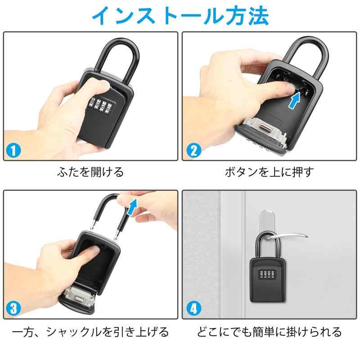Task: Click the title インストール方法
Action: [x=180, y=16]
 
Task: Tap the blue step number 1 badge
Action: [x=13, y=150]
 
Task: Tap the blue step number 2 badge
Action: [x=194, y=150]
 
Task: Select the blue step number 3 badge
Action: [x=13, y=308]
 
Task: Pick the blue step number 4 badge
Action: [x=194, y=308]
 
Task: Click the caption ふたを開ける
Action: [x=90, y=172]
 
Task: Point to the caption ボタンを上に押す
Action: [x=269, y=172]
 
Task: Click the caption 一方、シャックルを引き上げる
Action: [x=90, y=332]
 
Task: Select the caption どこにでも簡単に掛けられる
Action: [x=269, y=332]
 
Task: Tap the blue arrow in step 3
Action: [x=132, y=207]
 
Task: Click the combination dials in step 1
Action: [x=99, y=106]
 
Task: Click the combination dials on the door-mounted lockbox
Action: [x=267, y=274]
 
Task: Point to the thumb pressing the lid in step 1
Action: [x=96, y=86]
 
